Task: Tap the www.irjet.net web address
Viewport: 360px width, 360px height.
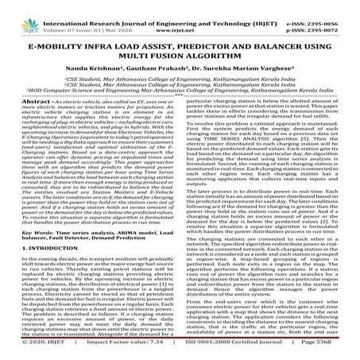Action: [180, 14]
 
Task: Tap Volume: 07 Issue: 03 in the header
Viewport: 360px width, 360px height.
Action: [79, 14]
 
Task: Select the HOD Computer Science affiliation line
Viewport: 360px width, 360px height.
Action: [180, 89]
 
